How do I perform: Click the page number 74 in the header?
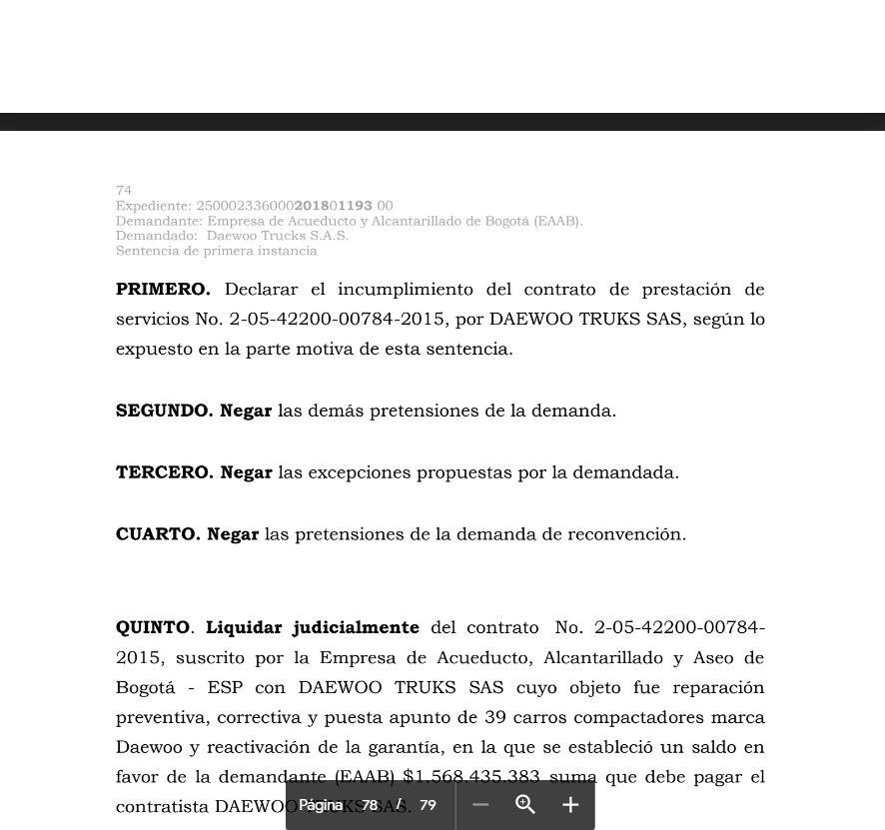click(124, 190)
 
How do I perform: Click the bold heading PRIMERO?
click(163, 290)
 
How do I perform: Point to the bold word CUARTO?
click(158, 534)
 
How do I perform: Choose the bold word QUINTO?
click(152, 627)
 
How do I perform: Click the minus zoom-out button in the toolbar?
click(480, 805)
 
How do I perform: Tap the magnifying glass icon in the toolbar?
click(525, 805)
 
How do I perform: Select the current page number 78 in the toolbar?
click(370, 805)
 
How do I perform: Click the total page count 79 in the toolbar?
click(428, 805)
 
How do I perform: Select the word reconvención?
click(626, 534)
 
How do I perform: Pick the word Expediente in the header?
click(153, 206)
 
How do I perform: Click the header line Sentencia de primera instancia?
click(216, 251)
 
